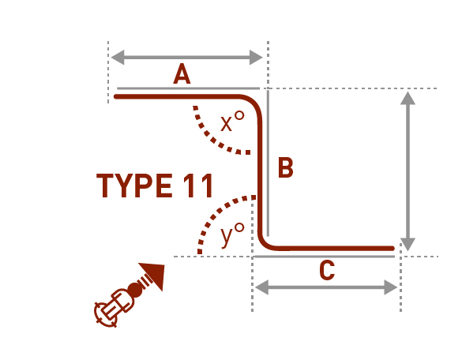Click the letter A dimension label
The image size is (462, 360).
point(182,74)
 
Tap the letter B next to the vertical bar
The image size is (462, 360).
point(286,167)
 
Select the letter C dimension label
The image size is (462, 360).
point(327,271)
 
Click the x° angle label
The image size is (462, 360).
point(232,121)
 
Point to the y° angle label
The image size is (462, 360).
point(232,234)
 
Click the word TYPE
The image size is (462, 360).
point(134,186)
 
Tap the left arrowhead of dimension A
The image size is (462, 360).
point(117,57)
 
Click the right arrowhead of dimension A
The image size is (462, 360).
point(256,57)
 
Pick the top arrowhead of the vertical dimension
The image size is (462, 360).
point(408,98)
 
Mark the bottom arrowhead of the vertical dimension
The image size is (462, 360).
point(408,244)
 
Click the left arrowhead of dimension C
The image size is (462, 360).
point(261,287)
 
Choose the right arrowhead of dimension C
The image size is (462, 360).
point(391,287)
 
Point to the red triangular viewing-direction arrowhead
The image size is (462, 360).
point(154,275)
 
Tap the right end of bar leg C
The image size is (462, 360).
point(393,249)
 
